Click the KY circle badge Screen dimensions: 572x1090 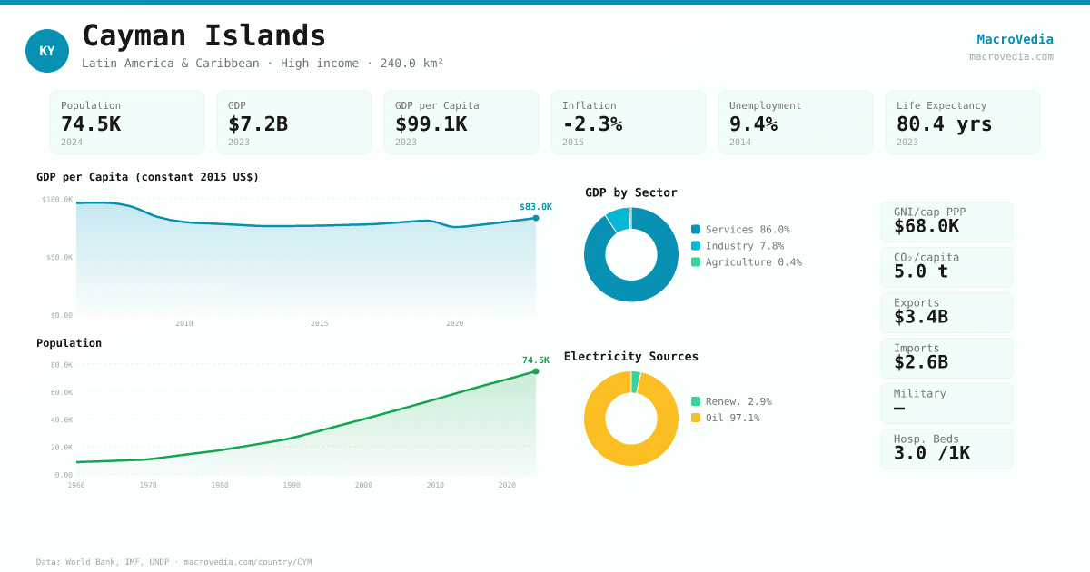[47, 51]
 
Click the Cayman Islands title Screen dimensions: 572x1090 [203, 36]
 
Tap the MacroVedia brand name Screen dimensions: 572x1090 [1015, 39]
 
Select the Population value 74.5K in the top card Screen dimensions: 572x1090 [91, 124]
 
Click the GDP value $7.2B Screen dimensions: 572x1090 [258, 124]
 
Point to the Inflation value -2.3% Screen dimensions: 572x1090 [592, 124]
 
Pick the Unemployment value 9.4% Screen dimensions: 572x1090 [753, 124]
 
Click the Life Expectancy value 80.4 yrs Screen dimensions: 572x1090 [944, 124]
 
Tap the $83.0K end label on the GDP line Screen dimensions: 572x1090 [535, 207]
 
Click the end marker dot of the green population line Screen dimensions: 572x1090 [536, 371]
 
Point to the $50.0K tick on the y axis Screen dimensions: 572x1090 [59, 258]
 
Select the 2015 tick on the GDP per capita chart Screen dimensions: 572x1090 [320, 324]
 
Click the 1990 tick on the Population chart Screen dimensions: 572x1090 [292, 486]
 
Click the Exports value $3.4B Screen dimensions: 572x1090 [920, 317]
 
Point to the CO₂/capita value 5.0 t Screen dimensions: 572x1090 [920, 271]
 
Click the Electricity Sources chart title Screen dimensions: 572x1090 [630, 357]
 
